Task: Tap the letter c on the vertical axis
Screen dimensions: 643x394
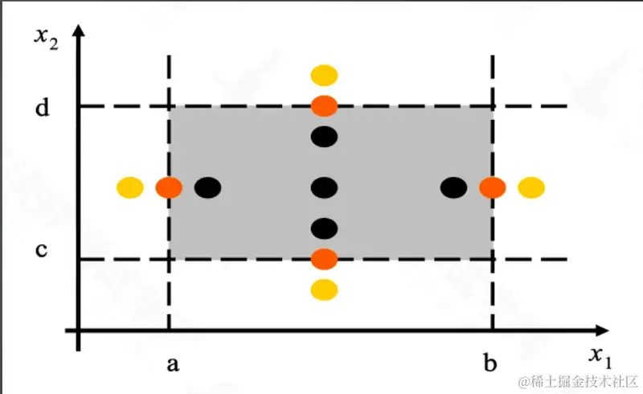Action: coord(42,252)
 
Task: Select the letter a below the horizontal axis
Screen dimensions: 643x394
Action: coord(172,364)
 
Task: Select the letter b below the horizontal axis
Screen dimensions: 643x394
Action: coord(490,364)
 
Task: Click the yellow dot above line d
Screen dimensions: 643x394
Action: coord(324,76)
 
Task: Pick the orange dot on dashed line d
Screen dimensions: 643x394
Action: coord(324,105)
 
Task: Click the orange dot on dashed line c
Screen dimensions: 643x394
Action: coord(324,259)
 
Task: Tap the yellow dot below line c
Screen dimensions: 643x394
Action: coord(324,289)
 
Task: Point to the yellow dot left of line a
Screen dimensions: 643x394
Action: coord(130,188)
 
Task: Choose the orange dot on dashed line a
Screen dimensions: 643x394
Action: coord(169,188)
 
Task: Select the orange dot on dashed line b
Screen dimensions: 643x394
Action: coord(492,188)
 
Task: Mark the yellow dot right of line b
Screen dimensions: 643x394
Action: coord(531,188)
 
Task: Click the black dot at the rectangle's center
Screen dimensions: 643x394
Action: coord(324,188)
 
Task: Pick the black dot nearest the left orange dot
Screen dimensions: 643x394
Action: coord(207,188)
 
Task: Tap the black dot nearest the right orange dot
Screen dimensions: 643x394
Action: coord(453,188)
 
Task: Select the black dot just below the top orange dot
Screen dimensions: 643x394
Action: coord(324,137)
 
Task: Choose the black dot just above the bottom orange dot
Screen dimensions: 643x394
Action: coord(324,228)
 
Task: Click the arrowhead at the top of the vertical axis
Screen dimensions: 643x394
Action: coord(78,32)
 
